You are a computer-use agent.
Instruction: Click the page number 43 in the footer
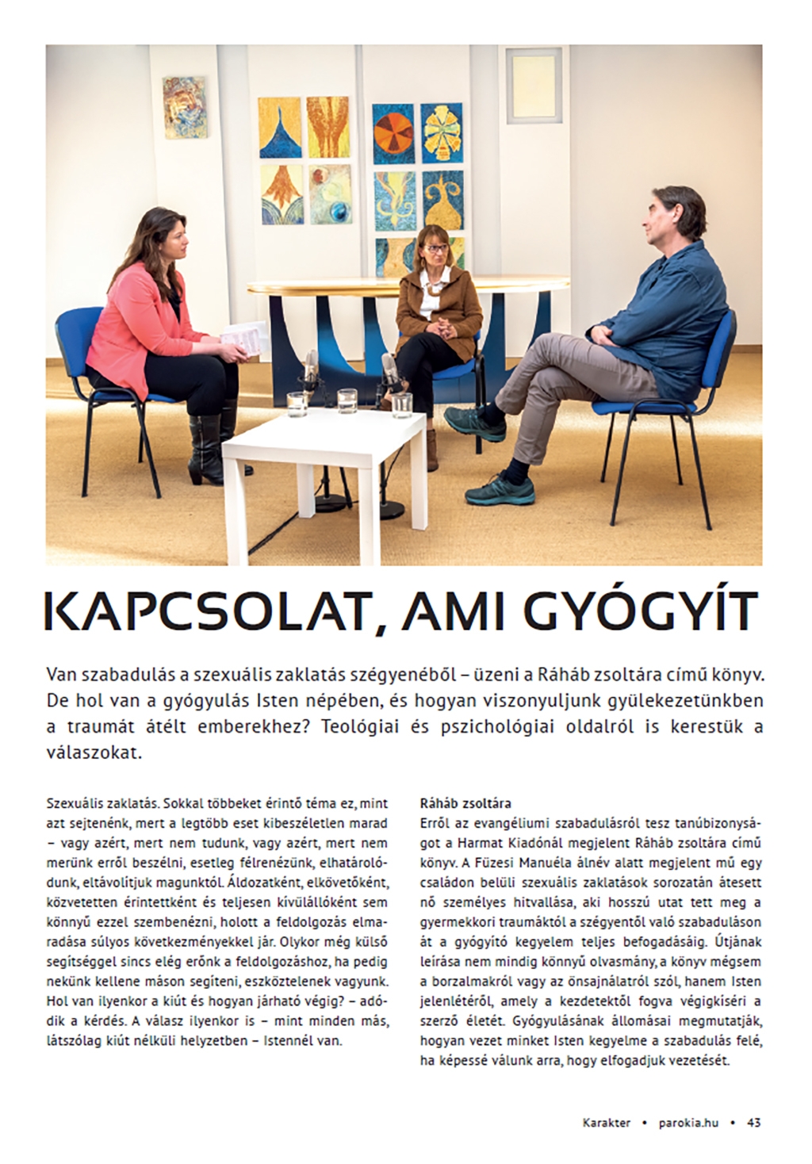[753, 1122]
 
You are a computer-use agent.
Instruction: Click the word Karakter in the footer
[605, 1122]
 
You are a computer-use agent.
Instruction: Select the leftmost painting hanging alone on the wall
[183, 108]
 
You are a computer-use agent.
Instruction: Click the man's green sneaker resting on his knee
[473, 420]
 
